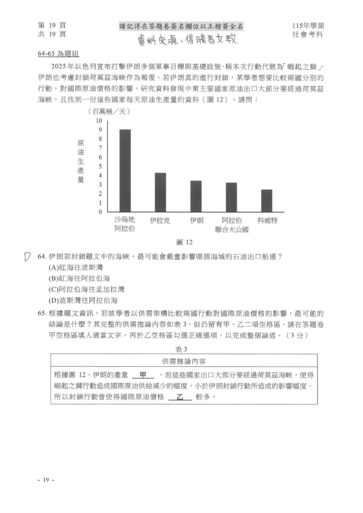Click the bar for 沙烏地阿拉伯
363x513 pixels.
[x=125, y=171]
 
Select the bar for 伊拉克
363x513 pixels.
[x=160, y=192]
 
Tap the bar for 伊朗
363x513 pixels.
[x=196, y=196]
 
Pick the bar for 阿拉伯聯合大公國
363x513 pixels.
[x=231, y=197]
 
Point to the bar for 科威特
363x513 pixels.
[x=267, y=201]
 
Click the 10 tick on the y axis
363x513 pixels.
[x=99, y=121]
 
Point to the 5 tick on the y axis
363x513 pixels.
[x=100, y=166]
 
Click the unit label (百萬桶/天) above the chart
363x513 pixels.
[x=108, y=111]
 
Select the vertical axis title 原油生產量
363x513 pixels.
[x=81, y=161]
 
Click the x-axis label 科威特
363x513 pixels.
[x=267, y=221]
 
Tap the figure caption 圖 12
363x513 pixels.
[x=184, y=242]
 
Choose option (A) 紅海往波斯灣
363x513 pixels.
[x=76, y=267]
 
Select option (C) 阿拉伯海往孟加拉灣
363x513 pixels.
[x=87, y=290]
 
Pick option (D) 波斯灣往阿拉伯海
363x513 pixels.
[x=83, y=300]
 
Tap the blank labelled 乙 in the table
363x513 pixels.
[x=180, y=397]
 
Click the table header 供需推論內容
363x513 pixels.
[x=184, y=362]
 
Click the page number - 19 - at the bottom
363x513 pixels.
[x=46, y=480]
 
